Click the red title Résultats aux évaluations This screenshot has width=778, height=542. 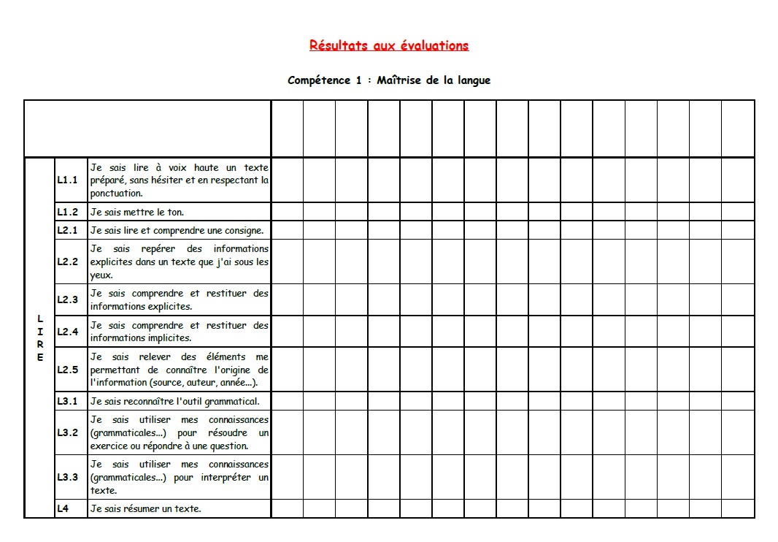pyautogui.click(x=389, y=45)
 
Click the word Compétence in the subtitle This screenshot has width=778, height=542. pyautogui.click(x=319, y=80)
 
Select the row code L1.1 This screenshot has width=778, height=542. pyautogui.click(x=67, y=180)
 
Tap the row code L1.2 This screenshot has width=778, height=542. pyautogui.click(x=67, y=212)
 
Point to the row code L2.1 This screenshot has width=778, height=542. pyautogui.click(x=67, y=230)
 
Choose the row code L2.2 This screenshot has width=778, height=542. pyautogui.click(x=67, y=262)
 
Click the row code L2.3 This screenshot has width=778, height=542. pyautogui.click(x=67, y=299)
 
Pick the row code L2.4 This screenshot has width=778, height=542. pyautogui.click(x=67, y=332)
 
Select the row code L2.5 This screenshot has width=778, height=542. pyautogui.click(x=67, y=370)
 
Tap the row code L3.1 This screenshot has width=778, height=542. pyautogui.click(x=67, y=401)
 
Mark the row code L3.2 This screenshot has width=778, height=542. pyautogui.click(x=67, y=432)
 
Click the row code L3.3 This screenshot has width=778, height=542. pyautogui.click(x=67, y=477)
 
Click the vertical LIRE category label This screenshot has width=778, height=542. pyautogui.click(x=40, y=338)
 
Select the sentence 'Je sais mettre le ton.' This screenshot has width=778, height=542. pyautogui.click(x=137, y=212)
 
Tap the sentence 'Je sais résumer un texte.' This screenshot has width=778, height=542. pyautogui.click(x=145, y=508)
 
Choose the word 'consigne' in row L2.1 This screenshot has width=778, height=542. pyautogui.click(x=242, y=230)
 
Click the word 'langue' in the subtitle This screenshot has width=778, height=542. pyautogui.click(x=474, y=80)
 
